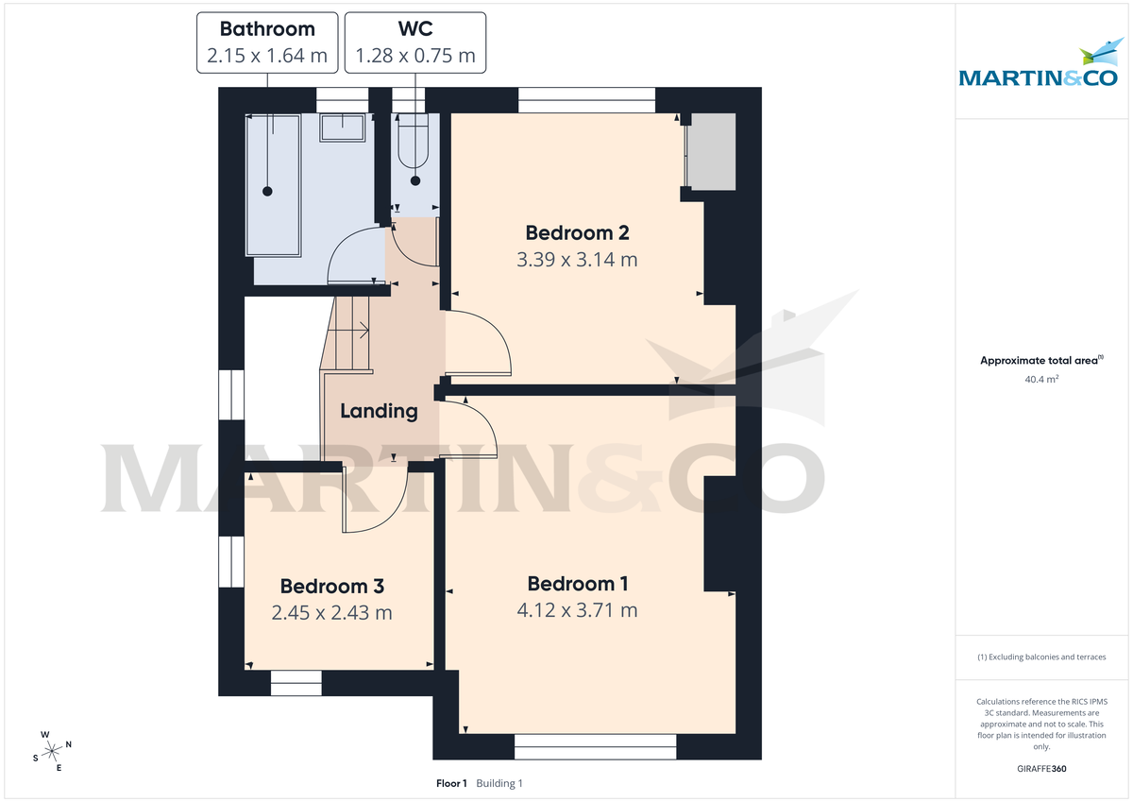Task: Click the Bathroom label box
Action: coord(267,43)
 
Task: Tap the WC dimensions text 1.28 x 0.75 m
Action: coord(415,56)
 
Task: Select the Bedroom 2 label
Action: coord(577,232)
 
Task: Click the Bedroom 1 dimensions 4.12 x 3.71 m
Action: coord(577,610)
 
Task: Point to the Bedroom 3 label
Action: coord(331,587)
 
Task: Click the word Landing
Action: coord(379,411)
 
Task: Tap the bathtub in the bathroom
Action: coord(274,185)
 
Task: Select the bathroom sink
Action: coord(343,128)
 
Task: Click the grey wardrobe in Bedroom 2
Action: coord(711,151)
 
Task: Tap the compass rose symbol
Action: coord(51,750)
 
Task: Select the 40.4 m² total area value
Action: coord(1041,379)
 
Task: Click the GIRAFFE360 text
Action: coord(1041,769)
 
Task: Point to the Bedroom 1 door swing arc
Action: coord(477,425)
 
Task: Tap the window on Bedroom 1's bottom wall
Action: coord(596,746)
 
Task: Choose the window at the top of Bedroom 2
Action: coord(586,99)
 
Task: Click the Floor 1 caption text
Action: coord(451,783)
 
